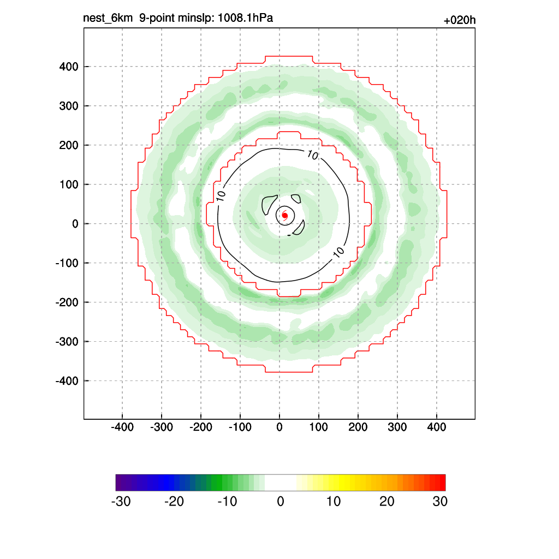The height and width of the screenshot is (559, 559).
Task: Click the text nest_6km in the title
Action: coord(108,19)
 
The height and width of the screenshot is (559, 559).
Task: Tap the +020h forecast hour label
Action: coord(460,21)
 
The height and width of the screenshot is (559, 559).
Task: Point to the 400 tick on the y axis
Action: coord(69,67)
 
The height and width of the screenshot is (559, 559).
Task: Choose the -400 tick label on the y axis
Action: coord(67,380)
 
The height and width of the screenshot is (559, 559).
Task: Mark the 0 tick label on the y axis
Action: coord(75,224)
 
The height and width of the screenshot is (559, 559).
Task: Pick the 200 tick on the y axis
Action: coord(69,145)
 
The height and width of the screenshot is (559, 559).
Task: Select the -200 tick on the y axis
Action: coord(67,302)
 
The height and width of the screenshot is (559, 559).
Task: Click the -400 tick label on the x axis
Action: coord(122,427)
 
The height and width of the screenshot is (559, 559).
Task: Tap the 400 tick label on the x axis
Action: coord(437,427)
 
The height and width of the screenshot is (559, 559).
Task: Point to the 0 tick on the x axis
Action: coord(279,427)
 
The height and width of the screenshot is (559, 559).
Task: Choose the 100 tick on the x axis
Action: coord(319,427)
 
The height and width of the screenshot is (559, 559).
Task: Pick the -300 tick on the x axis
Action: coord(161,427)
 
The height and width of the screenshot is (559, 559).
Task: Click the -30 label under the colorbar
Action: coord(121,502)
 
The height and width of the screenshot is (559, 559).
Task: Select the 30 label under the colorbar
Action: coord(440,502)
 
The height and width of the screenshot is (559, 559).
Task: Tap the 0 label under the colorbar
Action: coord(281,502)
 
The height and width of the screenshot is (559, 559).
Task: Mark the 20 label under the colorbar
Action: coord(387,502)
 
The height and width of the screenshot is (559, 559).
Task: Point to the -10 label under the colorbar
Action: coord(227,502)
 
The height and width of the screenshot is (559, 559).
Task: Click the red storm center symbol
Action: coord(284,216)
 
